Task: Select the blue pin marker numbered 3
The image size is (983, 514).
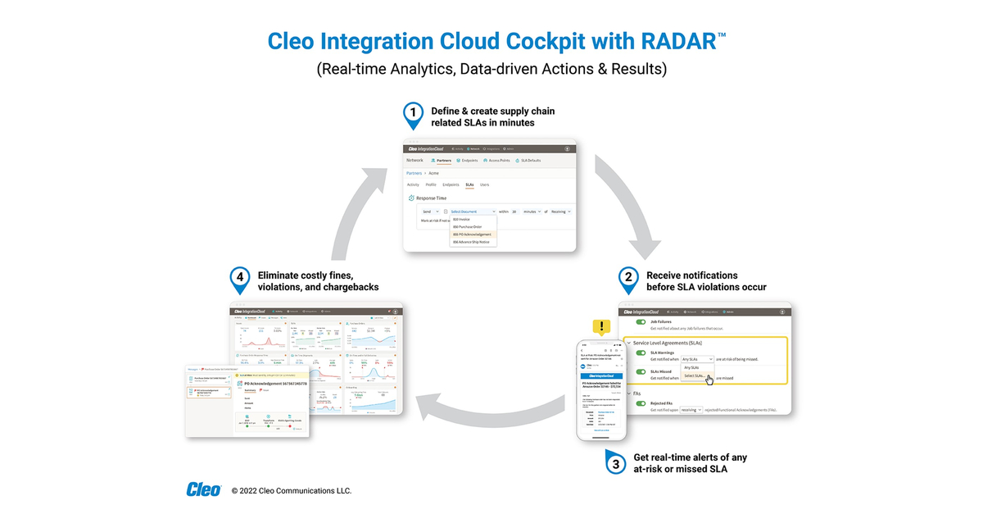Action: click(x=615, y=462)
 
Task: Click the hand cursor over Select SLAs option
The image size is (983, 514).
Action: click(x=709, y=380)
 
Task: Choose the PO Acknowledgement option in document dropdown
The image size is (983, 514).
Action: click(x=473, y=234)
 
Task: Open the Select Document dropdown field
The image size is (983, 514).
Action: click(x=472, y=212)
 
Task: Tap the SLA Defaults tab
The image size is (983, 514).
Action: click(x=528, y=161)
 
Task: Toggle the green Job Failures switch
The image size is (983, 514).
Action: click(x=641, y=322)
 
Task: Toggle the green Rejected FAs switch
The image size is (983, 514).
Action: click(x=641, y=403)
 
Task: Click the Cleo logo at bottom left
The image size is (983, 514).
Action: click(x=203, y=490)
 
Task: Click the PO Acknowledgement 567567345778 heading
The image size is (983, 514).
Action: click(x=272, y=384)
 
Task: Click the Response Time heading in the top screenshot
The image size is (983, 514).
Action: click(x=431, y=198)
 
